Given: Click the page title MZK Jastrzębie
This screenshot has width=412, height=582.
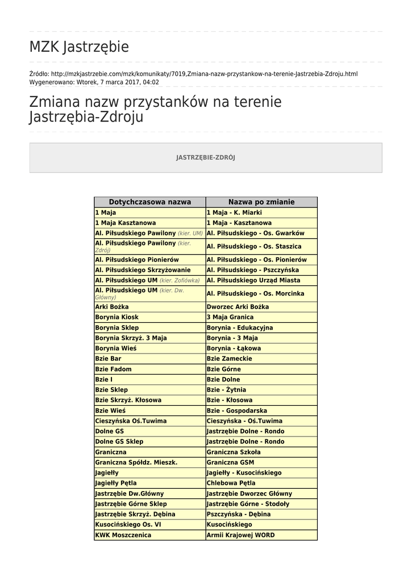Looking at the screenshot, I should click(x=79, y=47).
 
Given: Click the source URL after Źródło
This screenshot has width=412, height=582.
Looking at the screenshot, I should click(x=204, y=74).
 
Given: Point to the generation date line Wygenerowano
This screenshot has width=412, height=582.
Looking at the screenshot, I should click(x=94, y=82).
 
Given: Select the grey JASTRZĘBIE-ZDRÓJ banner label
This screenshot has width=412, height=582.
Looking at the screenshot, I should click(x=206, y=157).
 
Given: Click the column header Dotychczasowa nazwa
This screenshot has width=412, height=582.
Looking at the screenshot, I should click(x=149, y=202).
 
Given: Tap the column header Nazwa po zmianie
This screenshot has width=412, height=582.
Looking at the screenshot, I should click(x=261, y=202).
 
